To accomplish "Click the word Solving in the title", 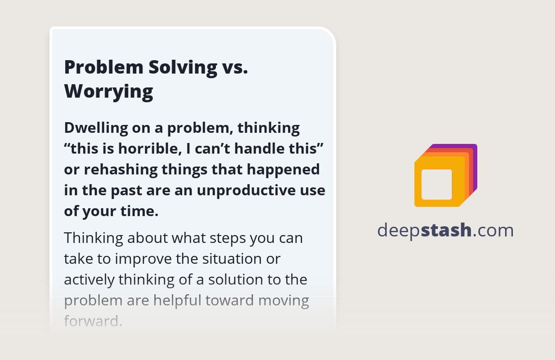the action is [x=183, y=68].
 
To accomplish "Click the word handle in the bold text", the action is [x=253, y=149].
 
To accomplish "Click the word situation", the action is [x=232, y=259].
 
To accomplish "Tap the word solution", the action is [x=236, y=279].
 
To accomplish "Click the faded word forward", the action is [x=93, y=321].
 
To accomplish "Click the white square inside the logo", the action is [x=437, y=185].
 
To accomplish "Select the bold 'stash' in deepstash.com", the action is [x=446, y=230].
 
